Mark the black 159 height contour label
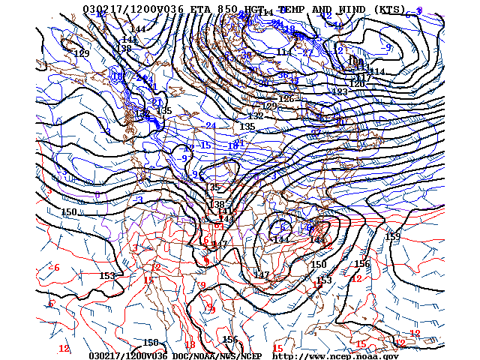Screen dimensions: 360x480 click(x=393, y=237)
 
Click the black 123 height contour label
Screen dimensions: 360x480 click(x=340, y=92)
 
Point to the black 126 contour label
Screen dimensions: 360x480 click(x=286, y=99)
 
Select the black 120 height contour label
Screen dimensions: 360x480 click(x=357, y=84)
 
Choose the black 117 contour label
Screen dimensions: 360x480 click(x=364, y=78)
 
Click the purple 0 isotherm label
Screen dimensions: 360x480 click(x=97, y=195)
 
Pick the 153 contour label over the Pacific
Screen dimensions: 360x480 click(x=107, y=276)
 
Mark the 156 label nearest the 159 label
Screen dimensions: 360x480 click(x=362, y=264)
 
